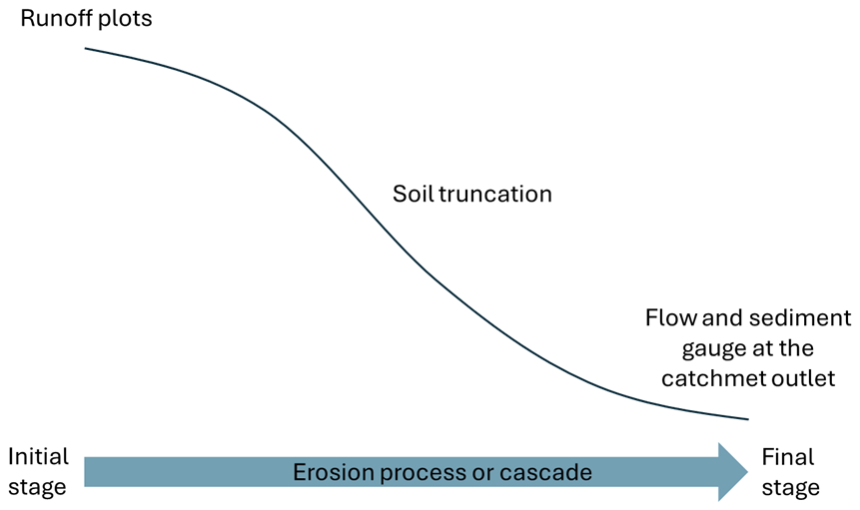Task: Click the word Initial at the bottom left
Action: click(x=38, y=457)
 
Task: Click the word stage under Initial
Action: click(x=38, y=488)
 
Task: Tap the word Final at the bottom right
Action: click(x=788, y=457)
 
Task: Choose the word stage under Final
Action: click(x=791, y=488)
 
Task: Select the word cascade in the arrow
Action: click(x=550, y=472)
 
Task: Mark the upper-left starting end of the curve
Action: click(x=87, y=48)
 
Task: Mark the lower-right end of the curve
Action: click(x=746, y=419)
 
